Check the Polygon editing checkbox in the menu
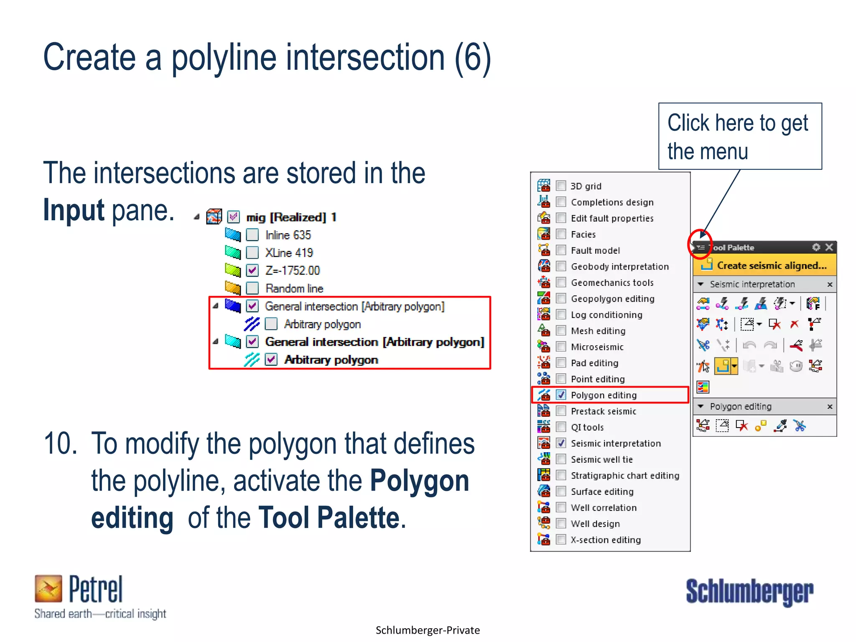coord(561,395)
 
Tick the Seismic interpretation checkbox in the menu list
coord(561,443)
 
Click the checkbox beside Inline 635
coord(252,235)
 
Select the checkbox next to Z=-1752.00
coord(252,270)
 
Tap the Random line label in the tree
coord(294,288)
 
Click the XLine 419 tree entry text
coord(289,253)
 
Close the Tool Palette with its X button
coord(829,247)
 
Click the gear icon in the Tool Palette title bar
coord(816,247)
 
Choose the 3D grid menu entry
coord(586,186)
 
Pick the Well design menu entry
coord(595,524)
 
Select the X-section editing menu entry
coord(606,540)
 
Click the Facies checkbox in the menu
coord(561,234)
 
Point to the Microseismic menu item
coord(597,347)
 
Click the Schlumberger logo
coord(749,592)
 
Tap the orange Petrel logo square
coord(48,588)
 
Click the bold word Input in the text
coord(74,210)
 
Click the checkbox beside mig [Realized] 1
coord(233,217)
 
